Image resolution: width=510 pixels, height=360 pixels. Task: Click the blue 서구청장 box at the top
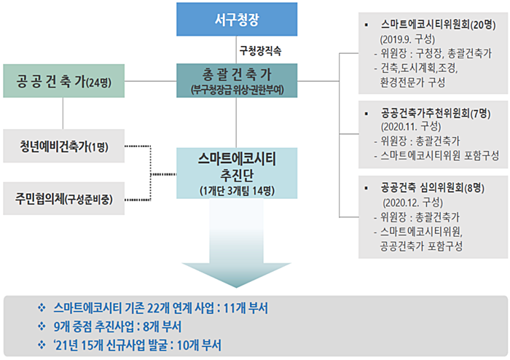(x=237, y=19)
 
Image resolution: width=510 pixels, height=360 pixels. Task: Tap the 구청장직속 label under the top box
(x=260, y=51)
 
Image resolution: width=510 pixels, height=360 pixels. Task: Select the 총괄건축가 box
(x=237, y=81)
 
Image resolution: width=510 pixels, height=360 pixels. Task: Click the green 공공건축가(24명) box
(x=64, y=81)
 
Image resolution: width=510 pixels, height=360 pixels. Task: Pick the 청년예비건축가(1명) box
(x=64, y=146)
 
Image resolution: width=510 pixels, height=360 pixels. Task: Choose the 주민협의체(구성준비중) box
(x=64, y=198)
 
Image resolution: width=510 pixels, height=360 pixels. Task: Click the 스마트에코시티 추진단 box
(x=237, y=173)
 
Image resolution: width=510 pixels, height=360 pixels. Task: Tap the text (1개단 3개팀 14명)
(x=237, y=191)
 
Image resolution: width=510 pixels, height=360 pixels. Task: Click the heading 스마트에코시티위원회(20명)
(x=438, y=25)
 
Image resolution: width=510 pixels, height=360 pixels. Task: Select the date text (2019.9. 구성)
(x=407, y=39)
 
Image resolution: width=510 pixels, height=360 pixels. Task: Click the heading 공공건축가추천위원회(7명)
(x=436, y=113)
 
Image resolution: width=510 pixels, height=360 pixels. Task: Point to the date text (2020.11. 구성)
(x=410, y=127)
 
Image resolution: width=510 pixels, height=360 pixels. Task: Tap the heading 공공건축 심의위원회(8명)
(x=433, y=187)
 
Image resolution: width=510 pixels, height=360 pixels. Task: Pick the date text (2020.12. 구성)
(x=413, y=203)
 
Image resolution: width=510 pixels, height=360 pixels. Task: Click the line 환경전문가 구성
(x=412, y=82)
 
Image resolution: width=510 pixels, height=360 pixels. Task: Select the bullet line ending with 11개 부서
(x=161, y=308)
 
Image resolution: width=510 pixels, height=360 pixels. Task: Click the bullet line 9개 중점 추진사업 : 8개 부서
(x=117, y=326)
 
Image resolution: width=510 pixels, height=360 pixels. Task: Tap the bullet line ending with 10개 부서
(x=137, y=345)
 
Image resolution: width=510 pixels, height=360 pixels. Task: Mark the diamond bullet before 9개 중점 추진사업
(x=42, y=326)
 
